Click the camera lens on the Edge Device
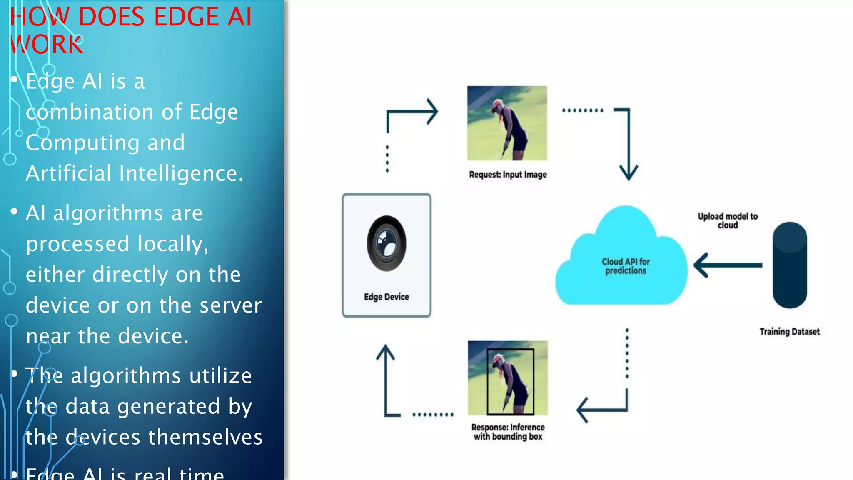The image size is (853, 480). coord(387,244)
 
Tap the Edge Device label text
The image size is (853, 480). coord(386,297)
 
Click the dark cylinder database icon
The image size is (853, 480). coord(789,265)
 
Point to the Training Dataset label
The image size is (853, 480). coord(789,332)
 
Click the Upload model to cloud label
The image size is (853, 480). coord(727,220)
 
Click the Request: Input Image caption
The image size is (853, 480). coord(508,175)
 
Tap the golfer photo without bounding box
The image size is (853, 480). coord(507,123)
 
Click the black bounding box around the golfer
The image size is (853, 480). coord(488,381)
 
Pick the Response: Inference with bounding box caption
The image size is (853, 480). coord(508,432)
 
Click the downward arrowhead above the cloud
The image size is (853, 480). coord(628,172)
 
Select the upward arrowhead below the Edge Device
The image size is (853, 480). coord(385,352)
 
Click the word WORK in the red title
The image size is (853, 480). coord(47,44)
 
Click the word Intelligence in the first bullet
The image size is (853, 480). coord(181,173)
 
